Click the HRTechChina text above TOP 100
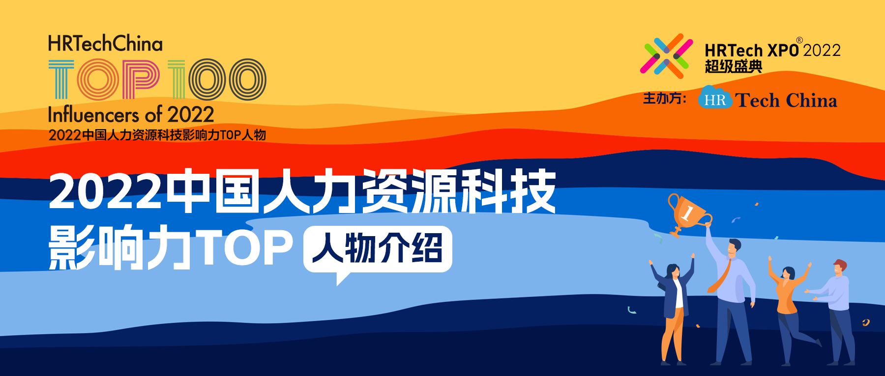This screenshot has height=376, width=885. (x=105, y=44)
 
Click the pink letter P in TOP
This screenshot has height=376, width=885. (x=141, y=79)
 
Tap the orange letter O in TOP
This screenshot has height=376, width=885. (x=98, y=80)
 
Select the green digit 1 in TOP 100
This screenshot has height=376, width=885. (x=177, y=80)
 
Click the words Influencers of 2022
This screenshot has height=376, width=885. (x=131, y=114)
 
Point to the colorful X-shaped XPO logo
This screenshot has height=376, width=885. (x=666, y=56)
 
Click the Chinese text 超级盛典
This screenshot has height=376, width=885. (x=733, y=66)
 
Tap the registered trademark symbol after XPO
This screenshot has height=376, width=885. (x=799, y=40)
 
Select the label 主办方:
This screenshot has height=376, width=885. (x=665, y=98)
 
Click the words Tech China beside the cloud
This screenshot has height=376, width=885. (x=786, y=100)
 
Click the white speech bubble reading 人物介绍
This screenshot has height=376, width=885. (x=378, y=250)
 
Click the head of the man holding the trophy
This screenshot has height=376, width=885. (x=734, y=247)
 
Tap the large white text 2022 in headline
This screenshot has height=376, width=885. (x=105, y=191)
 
